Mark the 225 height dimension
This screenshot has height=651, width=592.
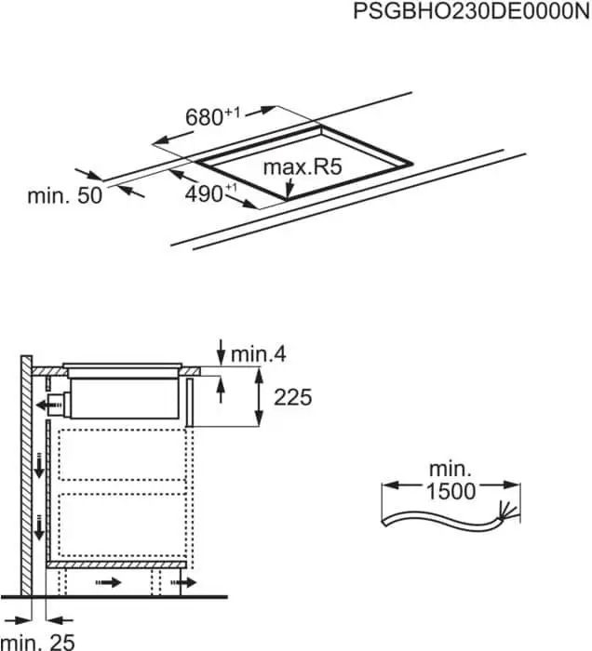(292, 397)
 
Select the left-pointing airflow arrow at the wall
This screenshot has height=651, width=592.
(43, 405)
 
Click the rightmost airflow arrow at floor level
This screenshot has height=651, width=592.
(186, 583)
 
